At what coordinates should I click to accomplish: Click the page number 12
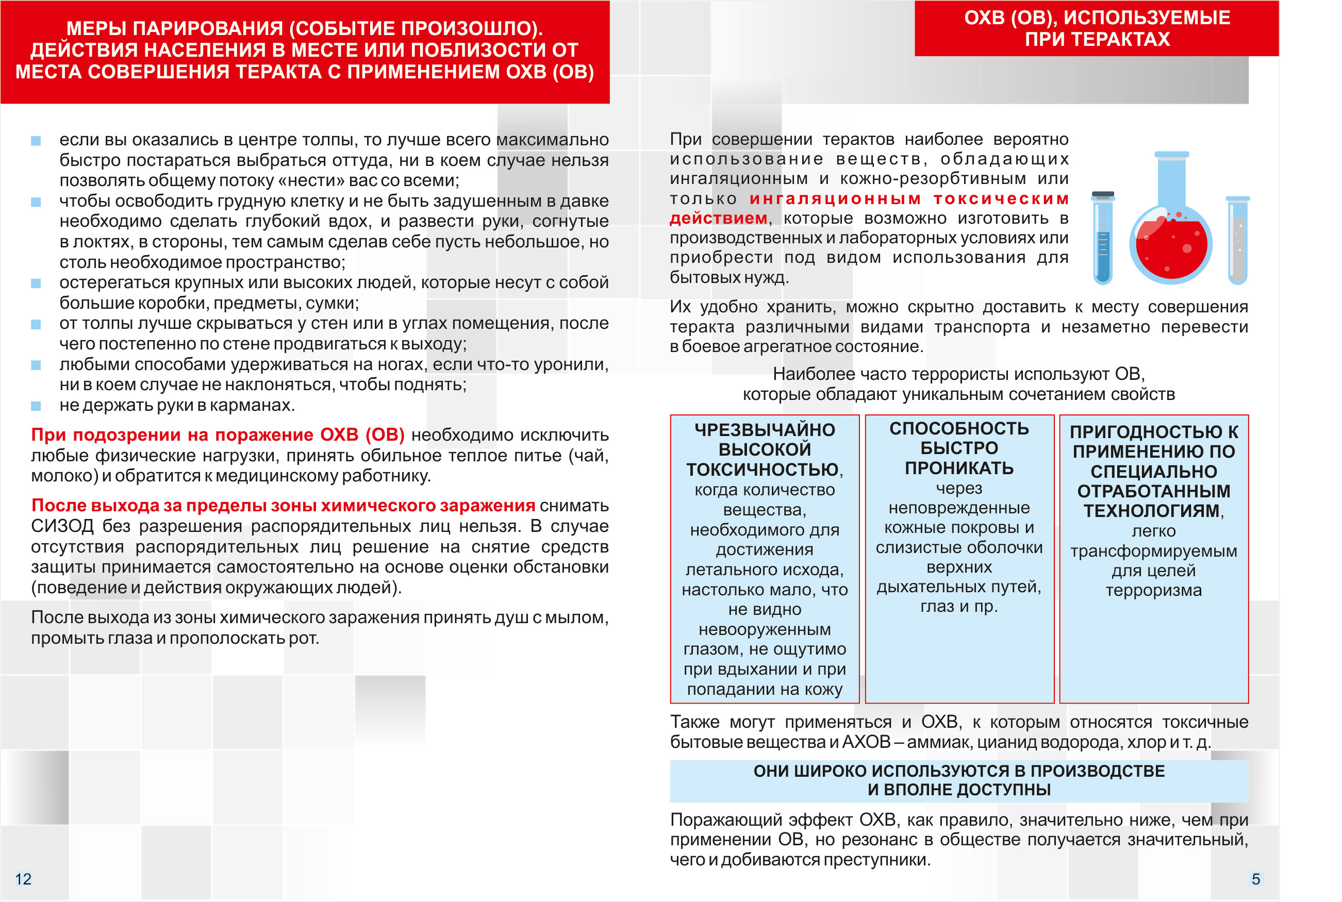(23, 878)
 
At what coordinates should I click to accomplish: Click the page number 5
(1256, 878)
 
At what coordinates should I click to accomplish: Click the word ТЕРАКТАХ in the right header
(1098, 39)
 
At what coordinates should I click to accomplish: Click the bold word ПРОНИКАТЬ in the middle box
(959, 468)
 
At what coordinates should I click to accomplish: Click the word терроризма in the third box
(1153, 590)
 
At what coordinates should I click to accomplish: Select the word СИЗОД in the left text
(62, 526)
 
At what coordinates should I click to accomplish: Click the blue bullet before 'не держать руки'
(36, 406)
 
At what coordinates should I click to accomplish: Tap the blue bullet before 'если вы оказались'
(36, 141)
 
